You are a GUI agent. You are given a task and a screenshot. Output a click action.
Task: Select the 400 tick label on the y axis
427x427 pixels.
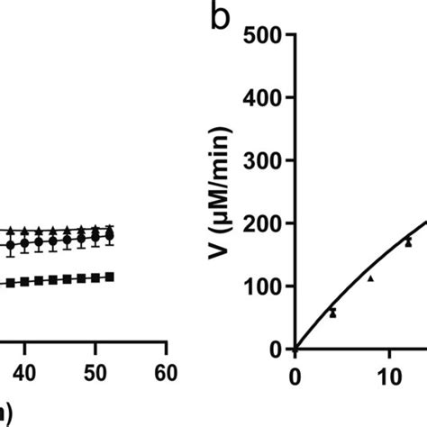[267, 99]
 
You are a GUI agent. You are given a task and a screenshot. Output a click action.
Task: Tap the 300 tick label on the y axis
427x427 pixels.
[267, 161]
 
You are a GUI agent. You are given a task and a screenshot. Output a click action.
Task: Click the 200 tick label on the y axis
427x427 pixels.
[267, 223]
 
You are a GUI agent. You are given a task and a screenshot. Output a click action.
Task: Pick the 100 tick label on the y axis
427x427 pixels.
[267, 286]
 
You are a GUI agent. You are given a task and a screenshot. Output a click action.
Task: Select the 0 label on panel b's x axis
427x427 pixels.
[295, 373]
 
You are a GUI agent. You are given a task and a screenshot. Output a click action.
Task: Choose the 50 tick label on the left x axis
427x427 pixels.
[95, 373]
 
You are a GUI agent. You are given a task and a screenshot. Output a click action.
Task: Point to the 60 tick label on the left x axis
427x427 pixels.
[165, 373]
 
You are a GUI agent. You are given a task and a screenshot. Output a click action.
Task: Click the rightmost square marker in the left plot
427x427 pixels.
[110, 277]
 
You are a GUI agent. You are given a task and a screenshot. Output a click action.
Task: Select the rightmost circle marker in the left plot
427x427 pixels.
[110, 237]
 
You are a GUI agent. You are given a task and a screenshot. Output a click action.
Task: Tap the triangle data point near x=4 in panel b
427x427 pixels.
[332, 313]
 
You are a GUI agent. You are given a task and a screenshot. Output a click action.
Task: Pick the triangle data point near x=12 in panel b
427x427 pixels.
[408, 241]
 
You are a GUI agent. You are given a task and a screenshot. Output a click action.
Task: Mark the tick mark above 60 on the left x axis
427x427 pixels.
[165, 353]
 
